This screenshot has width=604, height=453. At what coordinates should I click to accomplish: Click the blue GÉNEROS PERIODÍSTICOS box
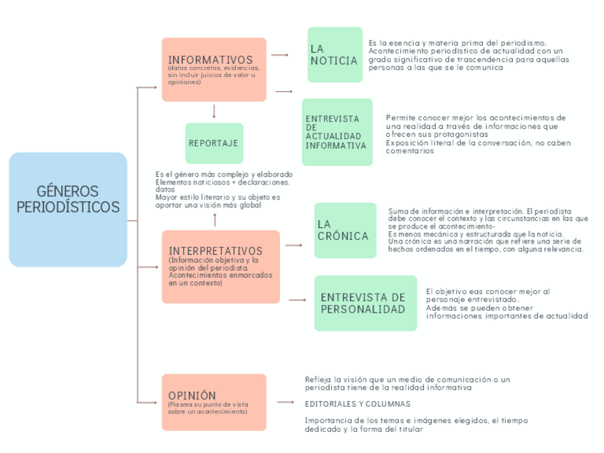(68, 209)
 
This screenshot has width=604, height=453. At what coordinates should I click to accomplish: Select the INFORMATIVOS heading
(210, 60)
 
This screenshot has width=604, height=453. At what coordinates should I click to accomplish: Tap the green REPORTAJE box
(214, 143)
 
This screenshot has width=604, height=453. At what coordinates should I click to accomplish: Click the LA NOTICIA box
(335, 55)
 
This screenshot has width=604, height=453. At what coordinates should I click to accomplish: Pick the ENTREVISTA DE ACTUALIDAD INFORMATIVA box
(337, 132)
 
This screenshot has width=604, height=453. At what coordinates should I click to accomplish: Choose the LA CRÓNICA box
(345, 230)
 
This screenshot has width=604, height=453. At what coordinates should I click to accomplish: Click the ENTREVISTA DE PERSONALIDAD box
(365, 303)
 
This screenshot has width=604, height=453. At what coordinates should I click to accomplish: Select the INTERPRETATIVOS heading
(215, 251)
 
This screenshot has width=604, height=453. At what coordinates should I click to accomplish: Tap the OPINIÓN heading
(192, 395)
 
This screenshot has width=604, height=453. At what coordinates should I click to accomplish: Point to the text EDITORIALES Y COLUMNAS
(348, 403)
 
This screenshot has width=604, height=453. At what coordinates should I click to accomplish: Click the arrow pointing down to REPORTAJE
(214, 112)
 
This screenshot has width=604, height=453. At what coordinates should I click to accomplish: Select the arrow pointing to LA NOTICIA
(280, 54)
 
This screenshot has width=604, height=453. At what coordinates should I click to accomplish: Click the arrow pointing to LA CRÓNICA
(294, 245)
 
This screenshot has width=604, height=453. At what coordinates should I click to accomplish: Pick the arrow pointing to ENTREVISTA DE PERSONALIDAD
(298, 300)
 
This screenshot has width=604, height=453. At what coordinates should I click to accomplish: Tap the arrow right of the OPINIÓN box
(285, 402)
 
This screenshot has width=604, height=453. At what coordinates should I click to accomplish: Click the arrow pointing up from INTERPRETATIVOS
(214, 220)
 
